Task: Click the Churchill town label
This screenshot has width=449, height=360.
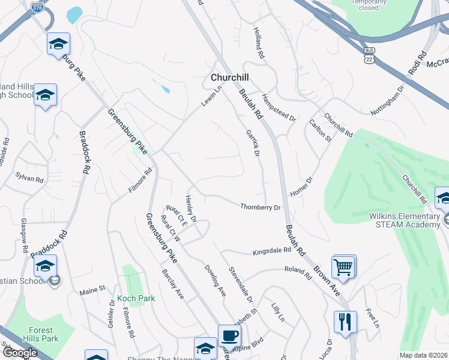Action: pyautogui.click(x=229, y=78)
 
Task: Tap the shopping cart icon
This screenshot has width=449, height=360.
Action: pyautogui.click(x=343, y=266)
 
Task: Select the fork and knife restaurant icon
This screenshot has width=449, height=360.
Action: pyautogui.click(x=345, y=321)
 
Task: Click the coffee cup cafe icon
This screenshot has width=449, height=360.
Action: pyautogui.click(x=229, y=335)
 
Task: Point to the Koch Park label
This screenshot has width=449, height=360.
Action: pyautogui.click(x=136, y=298)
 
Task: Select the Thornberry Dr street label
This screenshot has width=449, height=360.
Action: pyautogui.click(x=261, y=208)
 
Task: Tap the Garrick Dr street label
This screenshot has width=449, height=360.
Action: pyautogui.click(x=253, y=143)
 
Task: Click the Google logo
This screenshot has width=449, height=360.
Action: pyautogui.click(x=20, y=353)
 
